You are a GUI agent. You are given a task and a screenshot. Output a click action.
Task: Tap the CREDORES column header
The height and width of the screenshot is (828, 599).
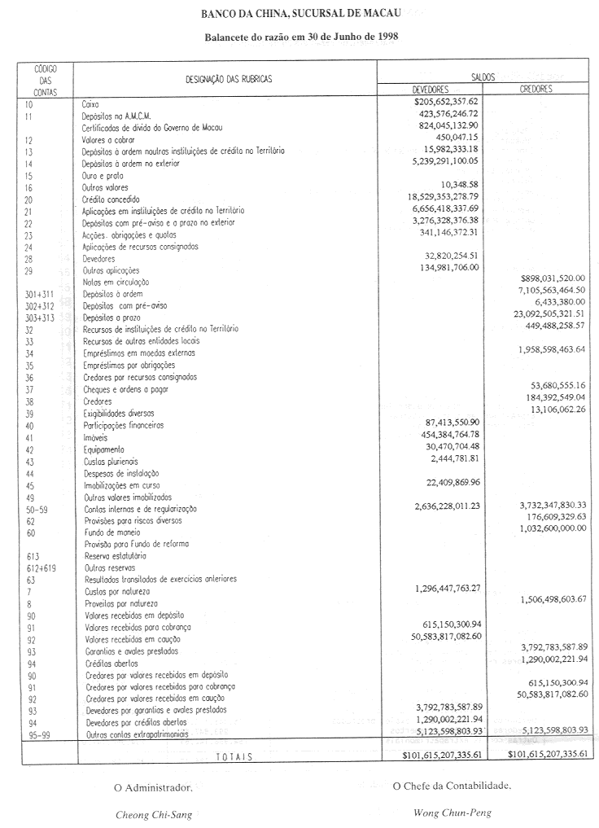536,89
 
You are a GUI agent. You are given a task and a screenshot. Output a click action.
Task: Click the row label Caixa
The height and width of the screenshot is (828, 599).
90,104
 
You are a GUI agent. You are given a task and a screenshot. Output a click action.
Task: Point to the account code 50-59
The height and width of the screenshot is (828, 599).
36,509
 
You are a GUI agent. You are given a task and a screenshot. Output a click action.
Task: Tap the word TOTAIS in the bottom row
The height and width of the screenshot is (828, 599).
234,756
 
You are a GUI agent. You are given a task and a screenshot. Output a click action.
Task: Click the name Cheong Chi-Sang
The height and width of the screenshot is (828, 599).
154,813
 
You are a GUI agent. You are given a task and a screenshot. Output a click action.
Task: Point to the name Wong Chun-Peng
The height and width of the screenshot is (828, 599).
453,813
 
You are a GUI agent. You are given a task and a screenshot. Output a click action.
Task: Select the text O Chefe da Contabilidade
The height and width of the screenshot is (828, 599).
452,786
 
